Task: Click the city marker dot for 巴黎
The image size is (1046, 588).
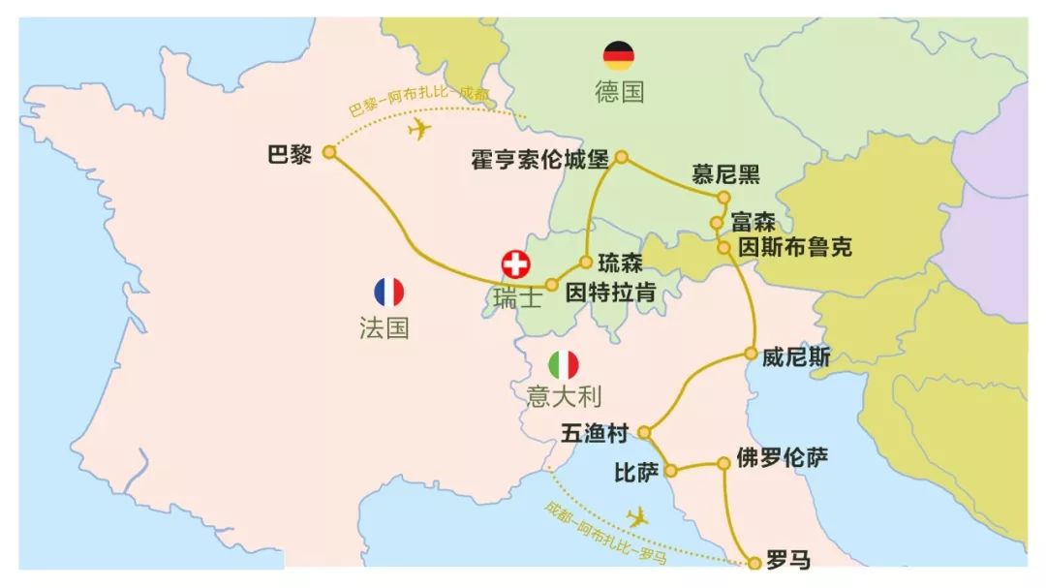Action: click(329, 152)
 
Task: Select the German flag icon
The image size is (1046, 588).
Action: click(619, 56)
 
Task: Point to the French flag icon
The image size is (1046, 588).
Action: click(388, 292)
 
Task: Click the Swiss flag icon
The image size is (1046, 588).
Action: click(516, 264)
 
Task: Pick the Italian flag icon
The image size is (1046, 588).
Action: click(564, 365)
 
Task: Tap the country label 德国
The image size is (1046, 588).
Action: click(620, 92)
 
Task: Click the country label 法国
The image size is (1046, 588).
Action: click(385, 327)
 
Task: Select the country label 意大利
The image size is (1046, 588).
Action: click(565, 397)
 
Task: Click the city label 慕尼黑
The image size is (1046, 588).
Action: click(725, 174)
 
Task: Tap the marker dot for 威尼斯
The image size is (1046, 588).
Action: click(751, 355)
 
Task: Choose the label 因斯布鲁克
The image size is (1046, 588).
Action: click(795, 247)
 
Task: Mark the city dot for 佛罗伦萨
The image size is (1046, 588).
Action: click(723, 464)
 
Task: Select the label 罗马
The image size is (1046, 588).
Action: click(787, 560)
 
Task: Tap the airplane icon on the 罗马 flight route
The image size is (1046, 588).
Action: click(636, 516)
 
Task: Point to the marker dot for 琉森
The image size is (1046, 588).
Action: click(586, 262)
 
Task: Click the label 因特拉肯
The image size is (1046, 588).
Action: click(610, 291)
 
